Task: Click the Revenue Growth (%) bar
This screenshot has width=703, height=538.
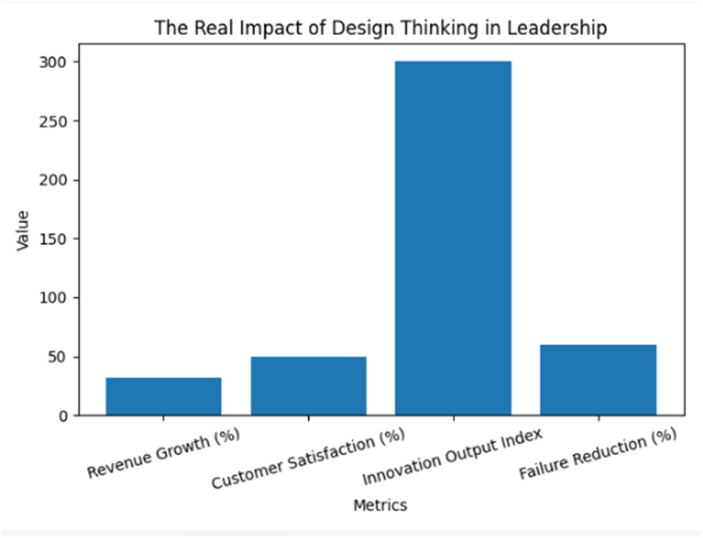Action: coord(163,396)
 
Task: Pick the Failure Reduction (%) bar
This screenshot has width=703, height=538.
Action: coord(598,380)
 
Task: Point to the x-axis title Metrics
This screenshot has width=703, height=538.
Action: coord(380,505)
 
